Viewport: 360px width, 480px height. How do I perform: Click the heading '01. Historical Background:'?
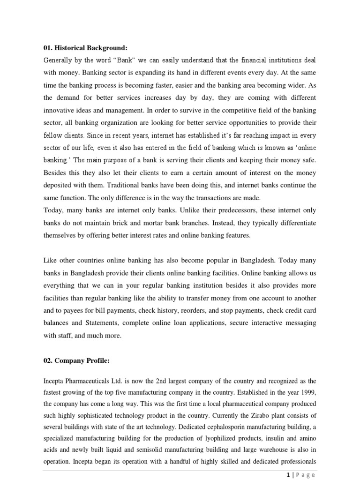coord(85,48)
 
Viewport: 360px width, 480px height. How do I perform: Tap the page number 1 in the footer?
coord(286,474)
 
